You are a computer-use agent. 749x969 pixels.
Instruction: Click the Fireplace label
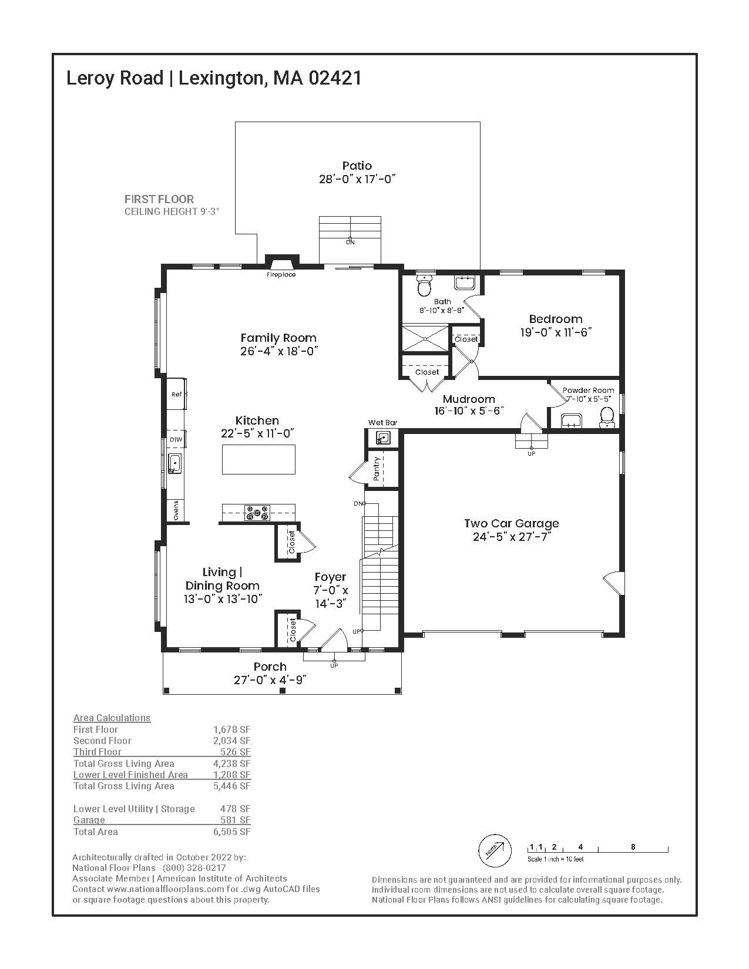[x=281, y=275]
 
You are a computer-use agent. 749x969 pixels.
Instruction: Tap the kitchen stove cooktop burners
[x=257, y=513]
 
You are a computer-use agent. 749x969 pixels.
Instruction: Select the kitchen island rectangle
[x=258, y=459]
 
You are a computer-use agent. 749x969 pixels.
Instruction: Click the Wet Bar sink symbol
[x=382, y=438]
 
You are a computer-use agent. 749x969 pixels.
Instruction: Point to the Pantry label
[x=377, y=469]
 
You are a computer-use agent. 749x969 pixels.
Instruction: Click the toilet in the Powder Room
[x=607, y=418]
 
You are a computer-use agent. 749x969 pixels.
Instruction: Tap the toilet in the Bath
[x=424, y=286]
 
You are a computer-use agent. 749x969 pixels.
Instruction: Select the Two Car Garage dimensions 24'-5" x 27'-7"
[x=511, y=537]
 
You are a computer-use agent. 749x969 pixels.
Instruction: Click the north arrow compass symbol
[x=492, y=849]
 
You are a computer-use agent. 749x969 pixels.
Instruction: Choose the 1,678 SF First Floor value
[x=231, y=729]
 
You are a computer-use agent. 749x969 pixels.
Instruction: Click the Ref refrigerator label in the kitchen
[x=176, y=394]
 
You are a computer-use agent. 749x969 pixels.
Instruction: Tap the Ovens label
[x=176, y=510]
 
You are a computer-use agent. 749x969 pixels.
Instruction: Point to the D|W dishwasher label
[x=176, y=440]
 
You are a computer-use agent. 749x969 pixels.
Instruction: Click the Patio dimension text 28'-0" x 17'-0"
[x=357, y=179]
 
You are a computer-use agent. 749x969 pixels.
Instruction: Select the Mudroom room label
[x=469, y=399]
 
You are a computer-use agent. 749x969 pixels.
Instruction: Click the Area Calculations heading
[x=112, y=718]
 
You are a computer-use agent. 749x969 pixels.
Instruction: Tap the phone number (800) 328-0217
[x=193, y=867]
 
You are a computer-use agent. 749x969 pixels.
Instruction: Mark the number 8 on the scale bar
[x=633, y=847]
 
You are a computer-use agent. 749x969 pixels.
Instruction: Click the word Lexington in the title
[x=220, y=78]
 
